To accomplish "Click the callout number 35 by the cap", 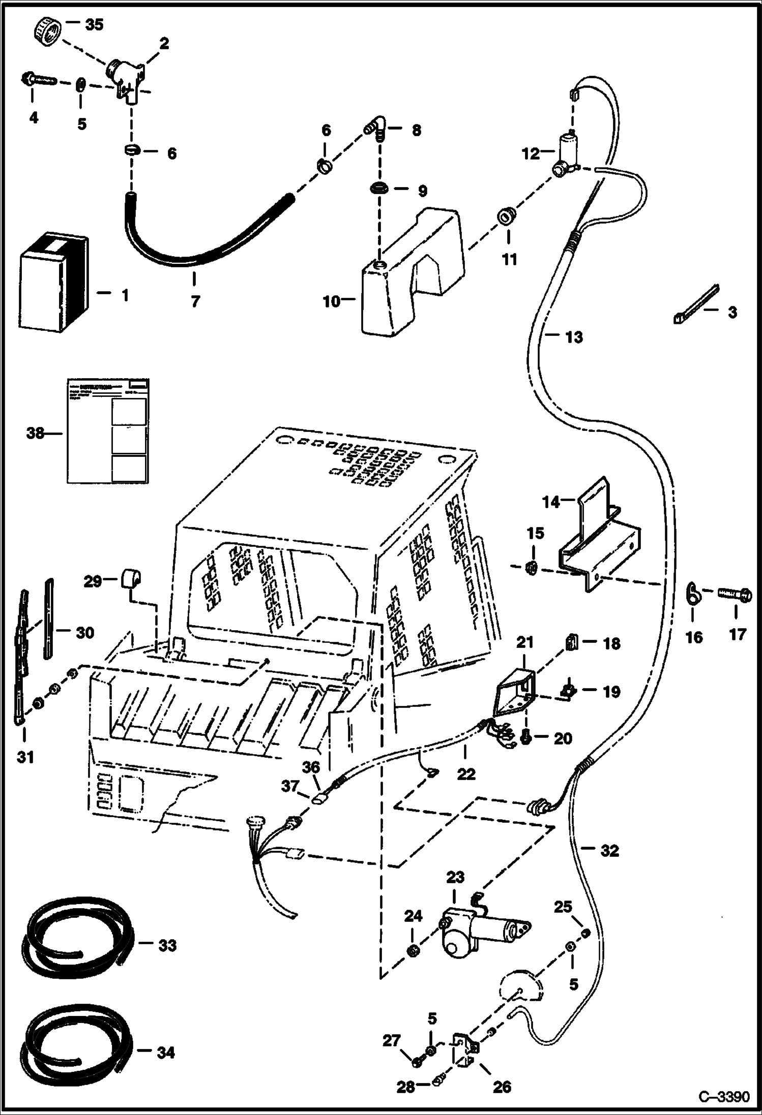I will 94,24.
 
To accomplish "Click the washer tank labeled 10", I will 402,285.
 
